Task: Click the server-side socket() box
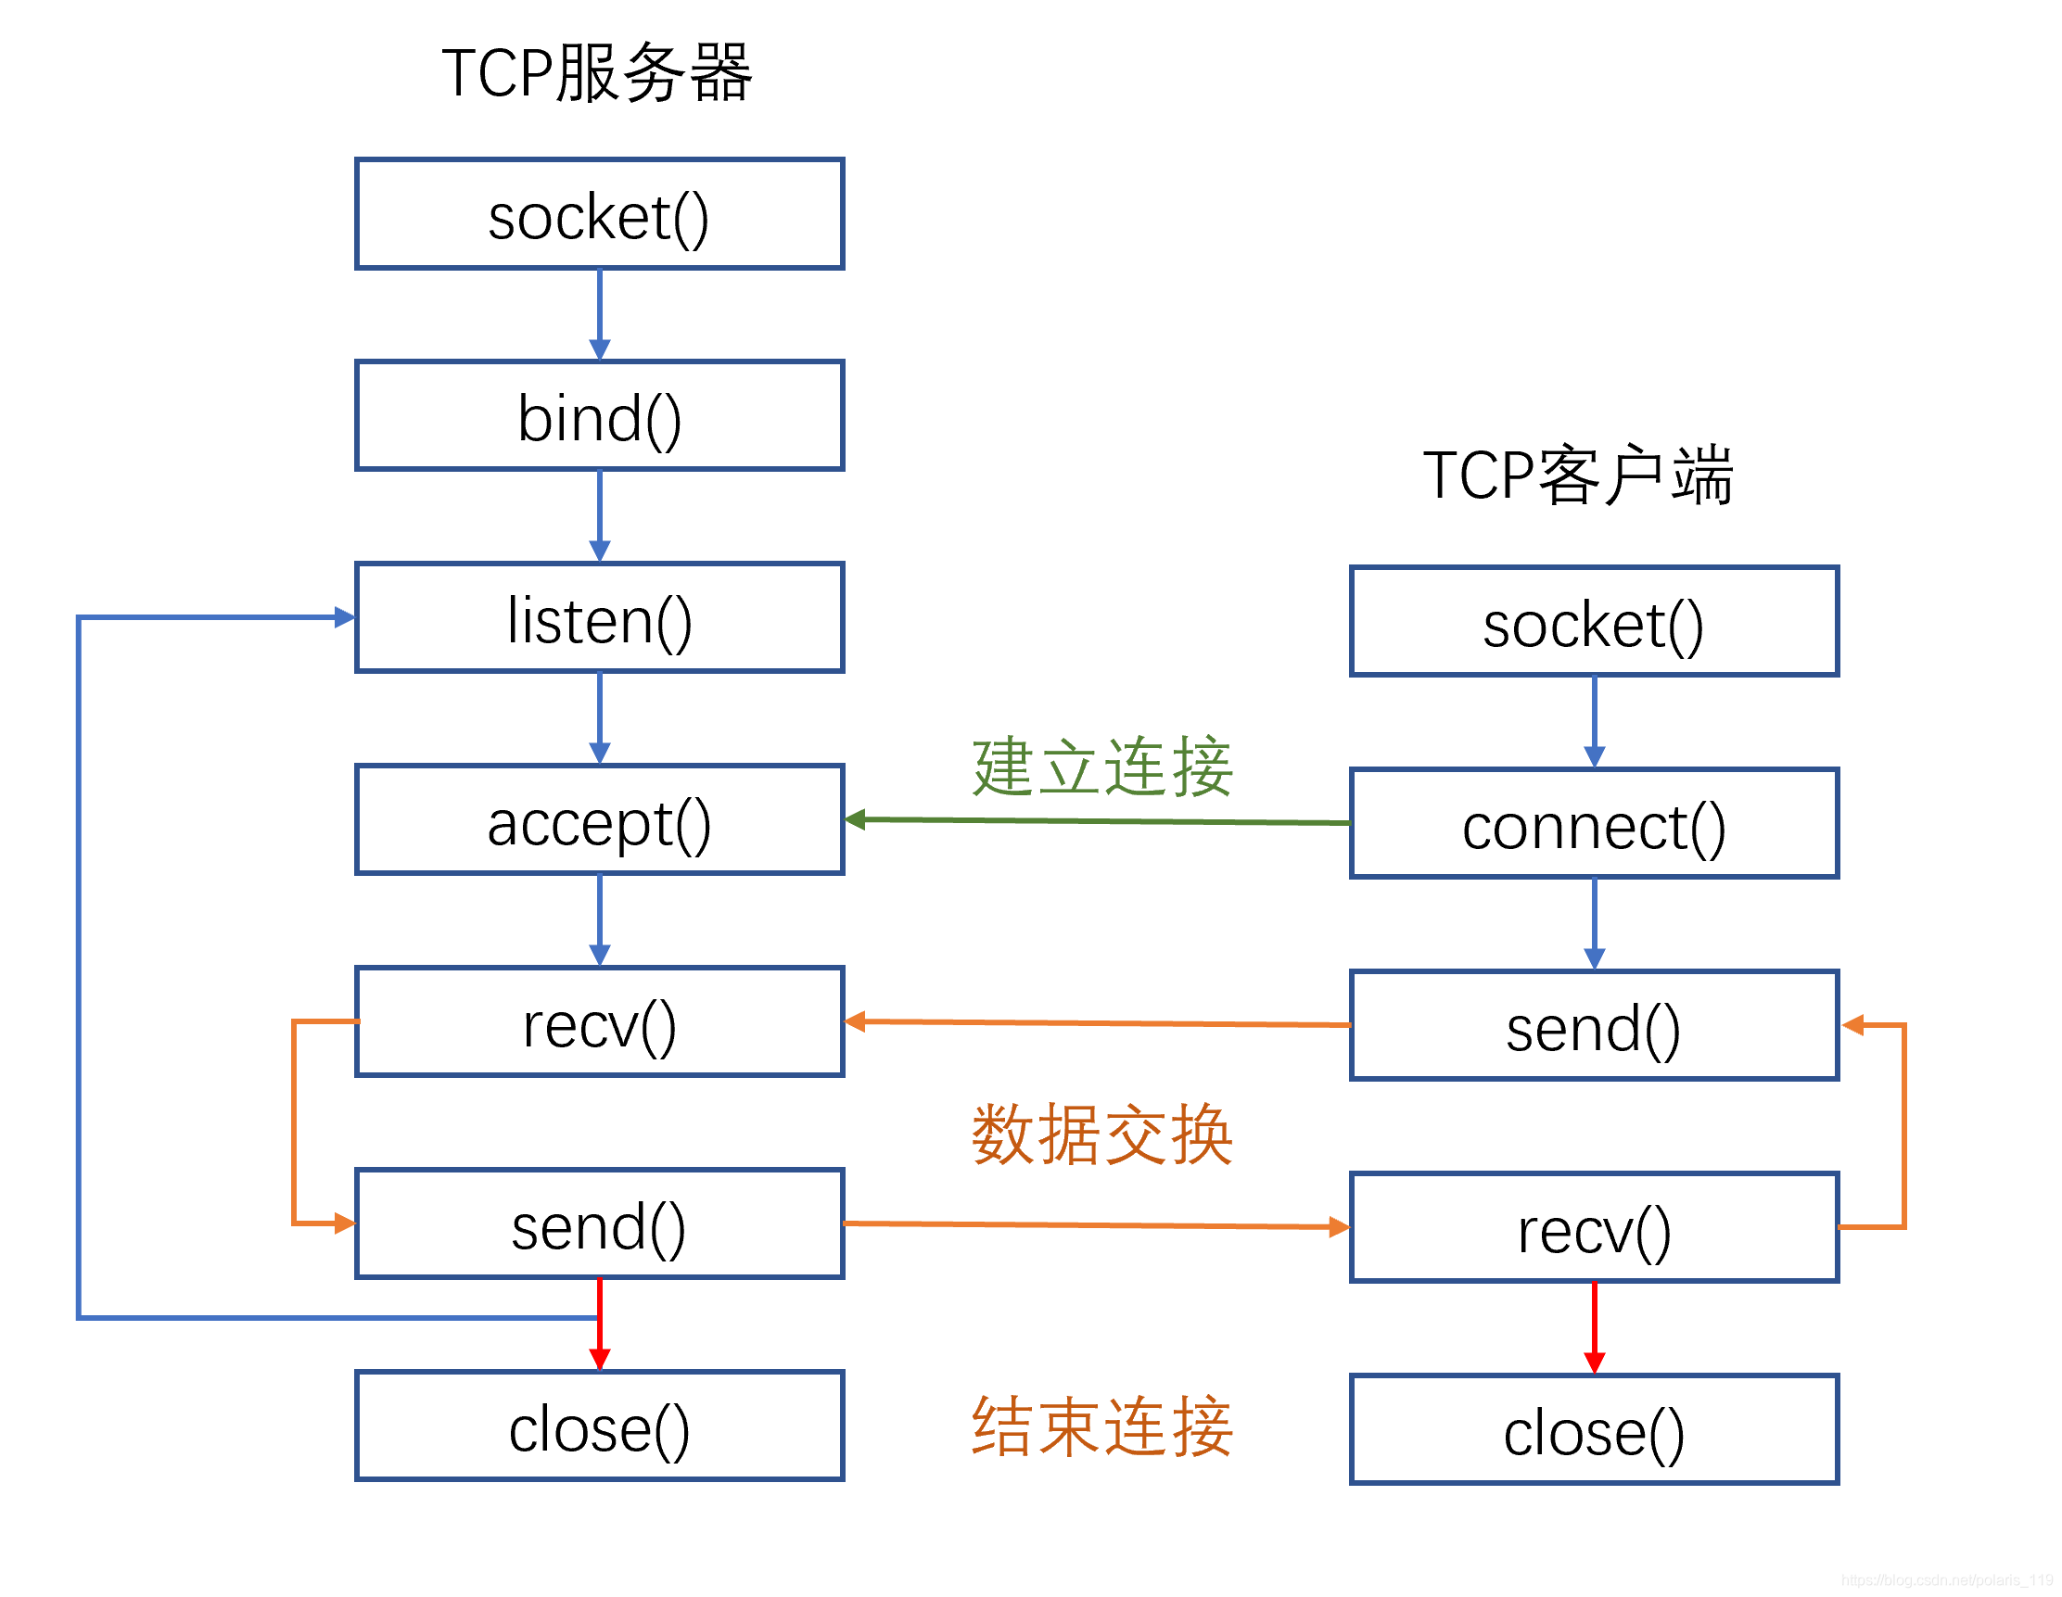pos(600,214)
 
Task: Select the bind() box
pos(600,415)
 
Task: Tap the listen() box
pos(600,618)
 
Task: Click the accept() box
pos(600,820)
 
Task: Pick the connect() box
pos(1595,824)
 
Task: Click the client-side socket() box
pos(1595,622)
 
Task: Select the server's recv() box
pos(600,1022)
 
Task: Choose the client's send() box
pos(1595,1026)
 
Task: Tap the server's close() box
pos(600,1426)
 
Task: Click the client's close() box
pos(1595,1430)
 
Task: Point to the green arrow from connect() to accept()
pos(1095,821)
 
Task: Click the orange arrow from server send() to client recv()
pos(1095,1225)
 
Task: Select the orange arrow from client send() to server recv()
pos(1095,1023)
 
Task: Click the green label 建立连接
pos(1101,767)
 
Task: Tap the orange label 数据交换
pos(1101,1135)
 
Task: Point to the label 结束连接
pos(1101,1427)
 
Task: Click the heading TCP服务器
pos(597,73)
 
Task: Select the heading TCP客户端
pos(1578,475)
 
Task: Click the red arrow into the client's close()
pos(1595,1326)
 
